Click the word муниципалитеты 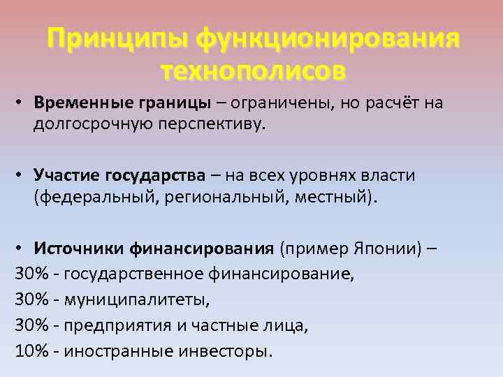tap(136, 300)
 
